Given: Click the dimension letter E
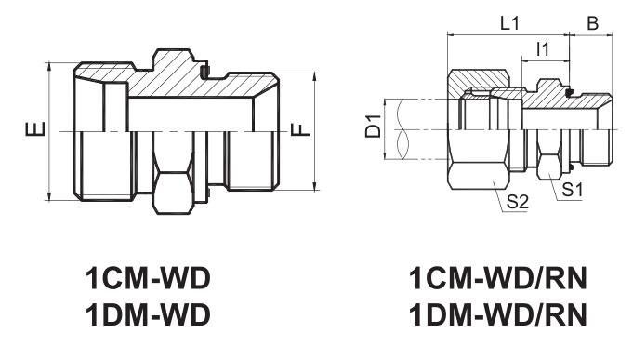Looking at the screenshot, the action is click(35, 129).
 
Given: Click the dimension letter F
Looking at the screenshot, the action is click(300, 129).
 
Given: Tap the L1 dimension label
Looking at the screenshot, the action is click(509, 24).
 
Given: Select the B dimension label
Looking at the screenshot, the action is click(592, 24).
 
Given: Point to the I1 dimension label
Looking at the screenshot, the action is click(543, 49).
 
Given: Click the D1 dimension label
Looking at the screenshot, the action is click(373, 127).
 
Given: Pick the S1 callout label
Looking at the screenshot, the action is click(573, 189).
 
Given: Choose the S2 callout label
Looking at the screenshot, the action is click(517, 201).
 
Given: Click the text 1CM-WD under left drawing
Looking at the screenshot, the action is click(148, 278).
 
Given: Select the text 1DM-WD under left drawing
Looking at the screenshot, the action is click(148, 314).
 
